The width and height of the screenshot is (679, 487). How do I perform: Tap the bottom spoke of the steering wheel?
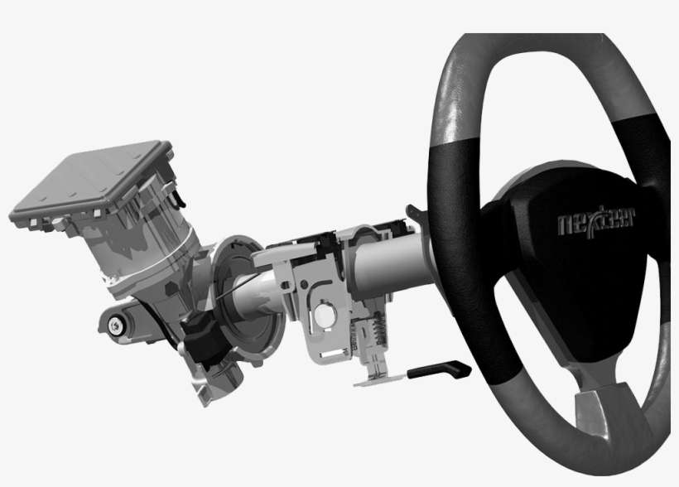[x=609, y=411]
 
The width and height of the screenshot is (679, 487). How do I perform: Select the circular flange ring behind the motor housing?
[x=248, y=298]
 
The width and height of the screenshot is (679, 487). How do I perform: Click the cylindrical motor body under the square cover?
[x=149, y=248]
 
